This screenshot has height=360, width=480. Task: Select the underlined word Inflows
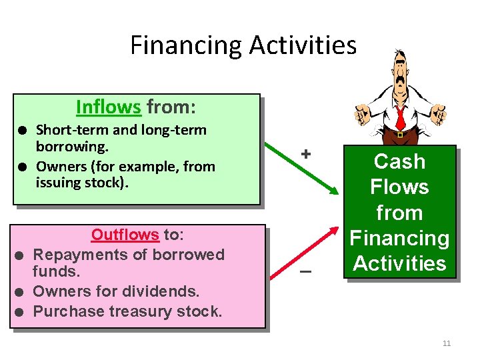click(108, 107)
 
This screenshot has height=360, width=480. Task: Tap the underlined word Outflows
click(125, 235)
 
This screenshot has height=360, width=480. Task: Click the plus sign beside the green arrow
click(306, 154)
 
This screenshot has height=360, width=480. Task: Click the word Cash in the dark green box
click(399, 161)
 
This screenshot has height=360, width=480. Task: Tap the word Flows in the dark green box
click(399, 187)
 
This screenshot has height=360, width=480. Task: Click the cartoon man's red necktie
click(400, 117)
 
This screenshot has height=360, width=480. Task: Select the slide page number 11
click(447, 343)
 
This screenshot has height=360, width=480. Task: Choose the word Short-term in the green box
click(67, 130)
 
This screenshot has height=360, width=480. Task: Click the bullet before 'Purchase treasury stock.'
click(21, 312)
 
